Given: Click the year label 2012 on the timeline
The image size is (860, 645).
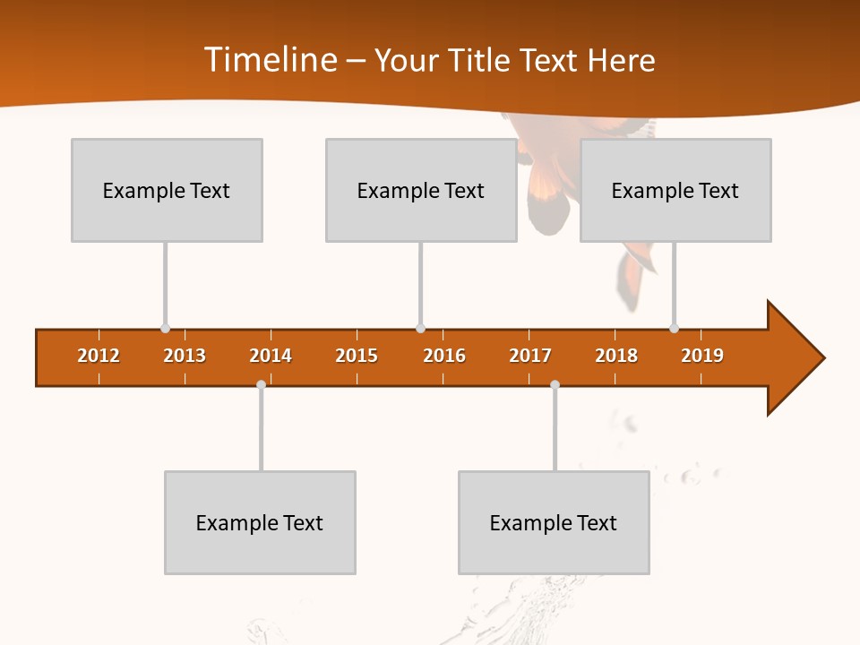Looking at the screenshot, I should coord(99,356).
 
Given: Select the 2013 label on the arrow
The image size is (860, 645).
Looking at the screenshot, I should coord(185,356).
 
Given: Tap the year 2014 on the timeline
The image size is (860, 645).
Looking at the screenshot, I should coord(271,356).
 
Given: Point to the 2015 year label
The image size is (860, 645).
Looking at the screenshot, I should coord(357,356).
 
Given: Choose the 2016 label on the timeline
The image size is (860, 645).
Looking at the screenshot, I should coord(444,356).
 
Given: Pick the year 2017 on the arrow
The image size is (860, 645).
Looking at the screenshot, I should coord(530,356).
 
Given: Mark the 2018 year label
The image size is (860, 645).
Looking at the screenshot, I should coord(616,356).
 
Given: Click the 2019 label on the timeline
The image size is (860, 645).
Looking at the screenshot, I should coord(702,356).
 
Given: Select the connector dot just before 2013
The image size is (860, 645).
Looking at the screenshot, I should coord(166,328).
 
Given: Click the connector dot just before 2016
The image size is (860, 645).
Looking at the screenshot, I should coord(420,328).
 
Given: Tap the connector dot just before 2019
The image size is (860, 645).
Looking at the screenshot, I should coord(675,328).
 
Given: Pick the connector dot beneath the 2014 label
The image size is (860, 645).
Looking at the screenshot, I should coord(261,384).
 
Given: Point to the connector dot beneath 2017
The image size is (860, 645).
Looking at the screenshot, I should coord(555,384).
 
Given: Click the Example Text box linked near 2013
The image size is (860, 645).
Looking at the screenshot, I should coord(167,190).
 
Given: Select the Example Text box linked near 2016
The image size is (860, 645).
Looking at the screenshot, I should coord(421,190).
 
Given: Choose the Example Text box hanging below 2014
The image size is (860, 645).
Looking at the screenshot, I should coord(260,522).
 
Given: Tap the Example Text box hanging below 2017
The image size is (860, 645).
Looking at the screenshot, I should coord(554,522).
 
